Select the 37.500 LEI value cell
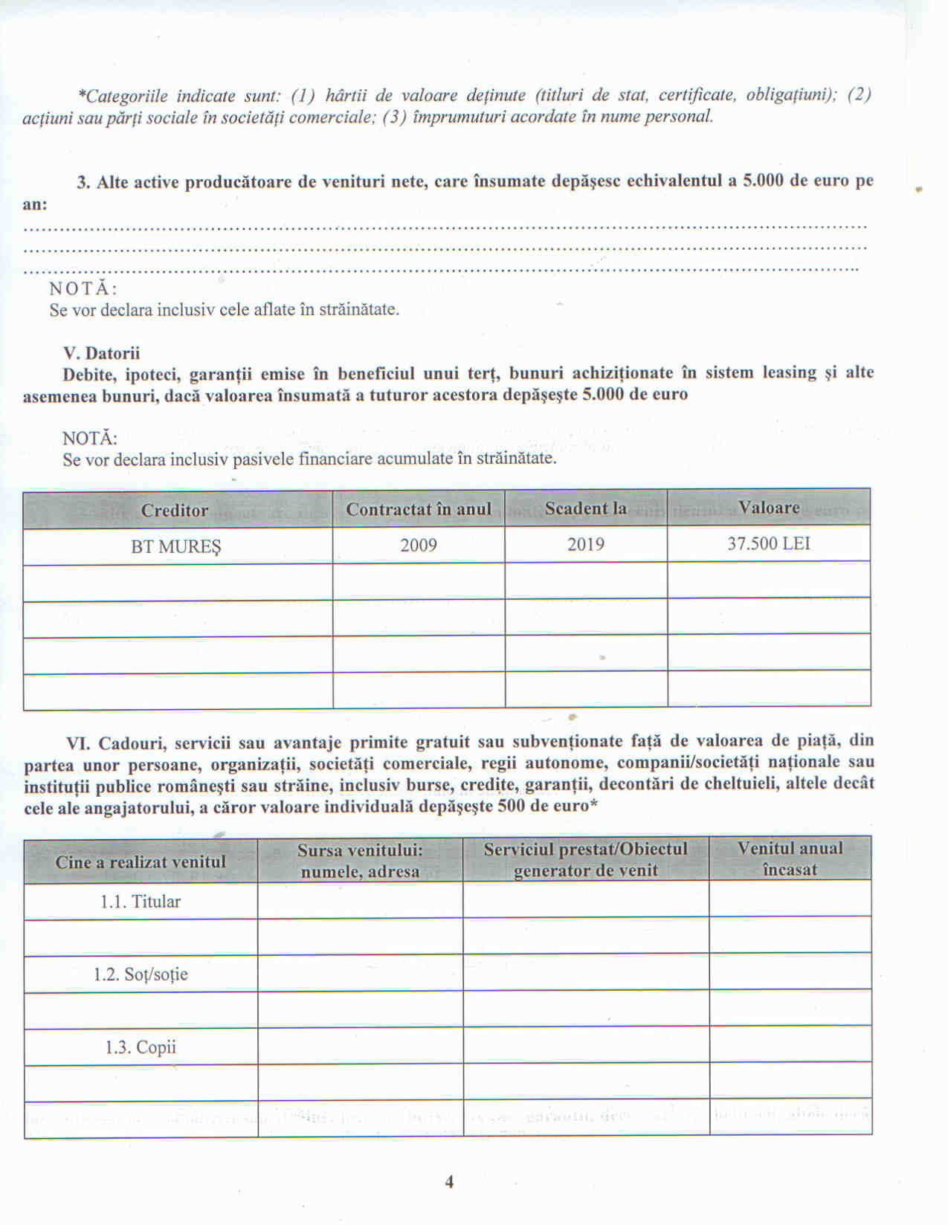tap(768, 543)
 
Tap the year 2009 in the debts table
tap(418, 546)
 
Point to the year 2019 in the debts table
tap(585, 545)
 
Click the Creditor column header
tap(175, 511)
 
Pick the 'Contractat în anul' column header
tap(418, 509)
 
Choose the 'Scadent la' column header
tap(585, 508)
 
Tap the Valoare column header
tap(768, 508)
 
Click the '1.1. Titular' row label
tap(141, 902)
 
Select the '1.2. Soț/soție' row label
tap(141, 974)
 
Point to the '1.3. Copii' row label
tap(141, 1047)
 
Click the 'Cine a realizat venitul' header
tap(141, 862)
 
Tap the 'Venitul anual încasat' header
tap(790, 859)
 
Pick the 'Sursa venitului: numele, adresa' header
tap(360, 861)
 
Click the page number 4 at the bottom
tap(449, 1182)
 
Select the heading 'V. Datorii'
tap(101, 353)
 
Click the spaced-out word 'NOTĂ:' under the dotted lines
tap(83, 288)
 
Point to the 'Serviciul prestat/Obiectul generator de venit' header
tap(585, 860)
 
